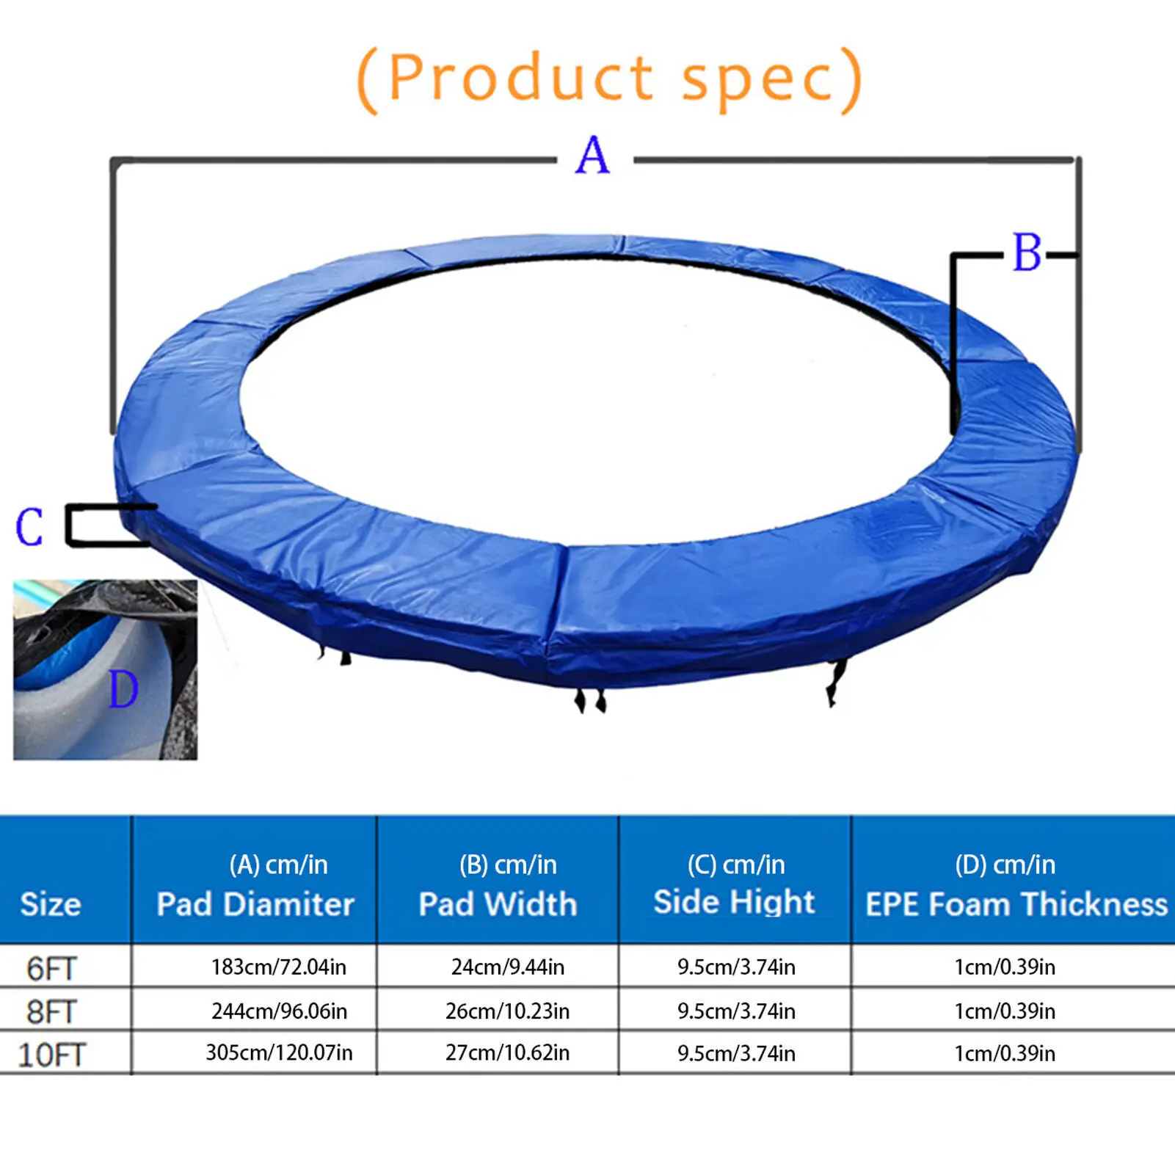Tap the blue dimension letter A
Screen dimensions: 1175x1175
593,156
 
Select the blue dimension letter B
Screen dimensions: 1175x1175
1027,253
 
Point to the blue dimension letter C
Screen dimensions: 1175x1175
29,526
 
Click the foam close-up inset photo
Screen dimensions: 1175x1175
105,669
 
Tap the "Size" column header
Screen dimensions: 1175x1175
50,904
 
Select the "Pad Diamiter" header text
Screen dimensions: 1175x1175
255,904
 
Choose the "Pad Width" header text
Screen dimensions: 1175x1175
498,904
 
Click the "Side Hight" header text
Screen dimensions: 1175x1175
734,902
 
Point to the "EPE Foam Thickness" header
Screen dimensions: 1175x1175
1016,904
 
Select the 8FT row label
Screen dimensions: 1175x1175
51,1012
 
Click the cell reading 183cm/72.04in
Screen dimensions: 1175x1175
279,967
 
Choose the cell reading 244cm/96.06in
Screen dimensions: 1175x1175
279,1011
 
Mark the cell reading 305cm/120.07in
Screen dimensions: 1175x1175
279,1053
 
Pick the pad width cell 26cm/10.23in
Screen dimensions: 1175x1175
508,1011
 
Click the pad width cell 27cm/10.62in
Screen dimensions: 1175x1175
508,1053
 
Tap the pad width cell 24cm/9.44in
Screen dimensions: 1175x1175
508,967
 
